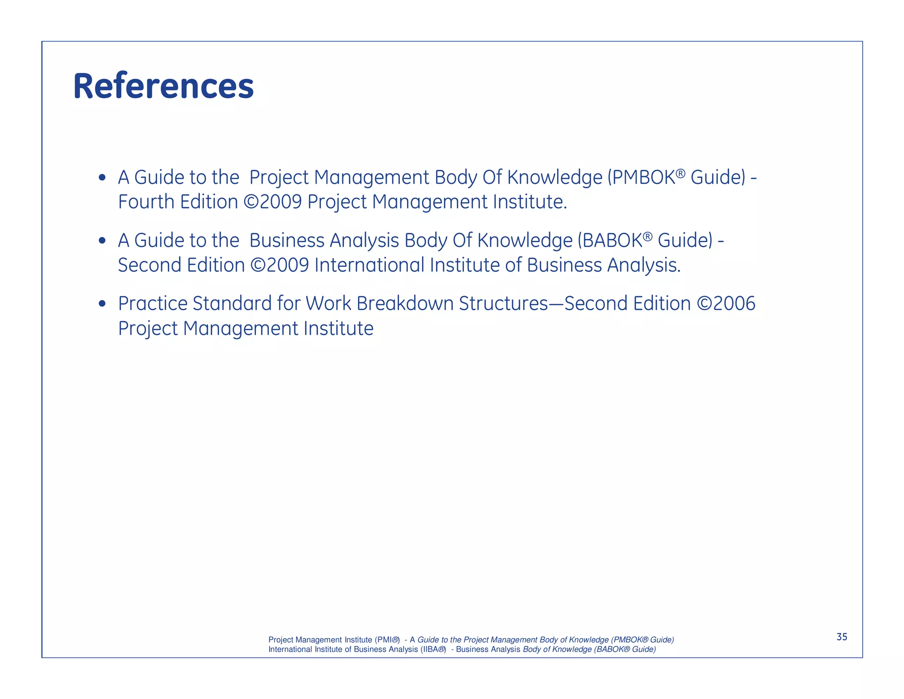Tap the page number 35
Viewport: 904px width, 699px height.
pos(842,637)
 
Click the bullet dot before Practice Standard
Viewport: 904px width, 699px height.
pos(102,304)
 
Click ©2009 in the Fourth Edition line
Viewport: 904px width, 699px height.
pos(272,202)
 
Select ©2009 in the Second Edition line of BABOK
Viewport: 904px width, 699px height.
pos(279,265)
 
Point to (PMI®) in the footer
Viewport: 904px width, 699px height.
pos(387,640)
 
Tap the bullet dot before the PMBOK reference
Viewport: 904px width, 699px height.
pos(102,178)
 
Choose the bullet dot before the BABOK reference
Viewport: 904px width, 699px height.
pos(102,241)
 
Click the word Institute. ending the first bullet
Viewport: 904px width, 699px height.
pos(530,202)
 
